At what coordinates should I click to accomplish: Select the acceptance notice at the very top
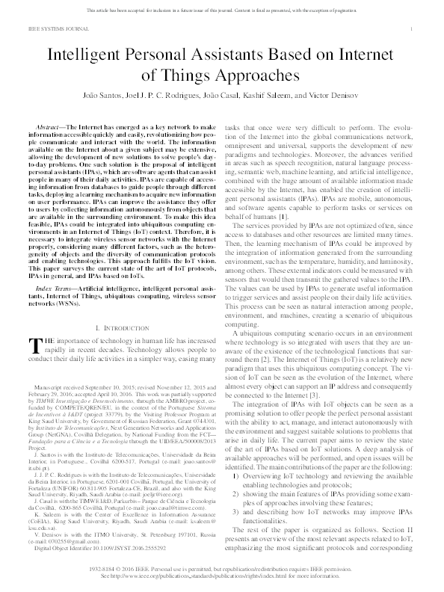point(221,5)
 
